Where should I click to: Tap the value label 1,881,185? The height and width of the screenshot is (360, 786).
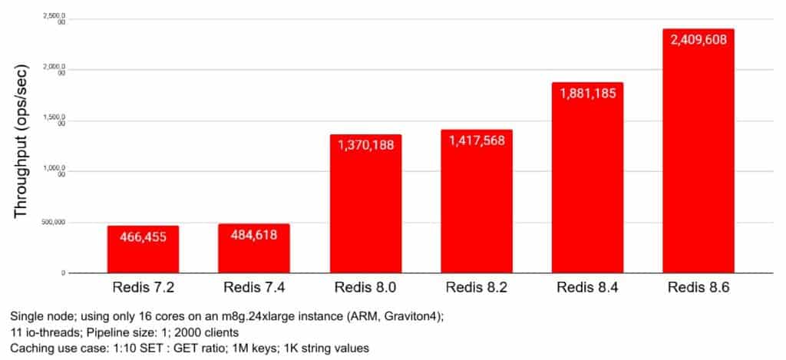click(x=587, y=93)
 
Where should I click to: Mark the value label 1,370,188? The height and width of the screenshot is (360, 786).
click(x=365, y=145)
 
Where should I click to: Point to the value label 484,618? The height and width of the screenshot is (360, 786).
click(x=254, y=234)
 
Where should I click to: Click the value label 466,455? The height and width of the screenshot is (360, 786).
click(x=143, y=236)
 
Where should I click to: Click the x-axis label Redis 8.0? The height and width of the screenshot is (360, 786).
click(x=365, y=289)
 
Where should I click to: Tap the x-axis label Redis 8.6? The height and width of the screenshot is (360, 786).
click(x=698, y=289)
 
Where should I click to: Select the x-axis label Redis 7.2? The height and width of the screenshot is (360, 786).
click(x=143, y=289)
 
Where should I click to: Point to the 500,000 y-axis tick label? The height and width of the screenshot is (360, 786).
click(x=51, y=223)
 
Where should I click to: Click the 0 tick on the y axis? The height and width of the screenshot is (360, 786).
click(x=63, y=272)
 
